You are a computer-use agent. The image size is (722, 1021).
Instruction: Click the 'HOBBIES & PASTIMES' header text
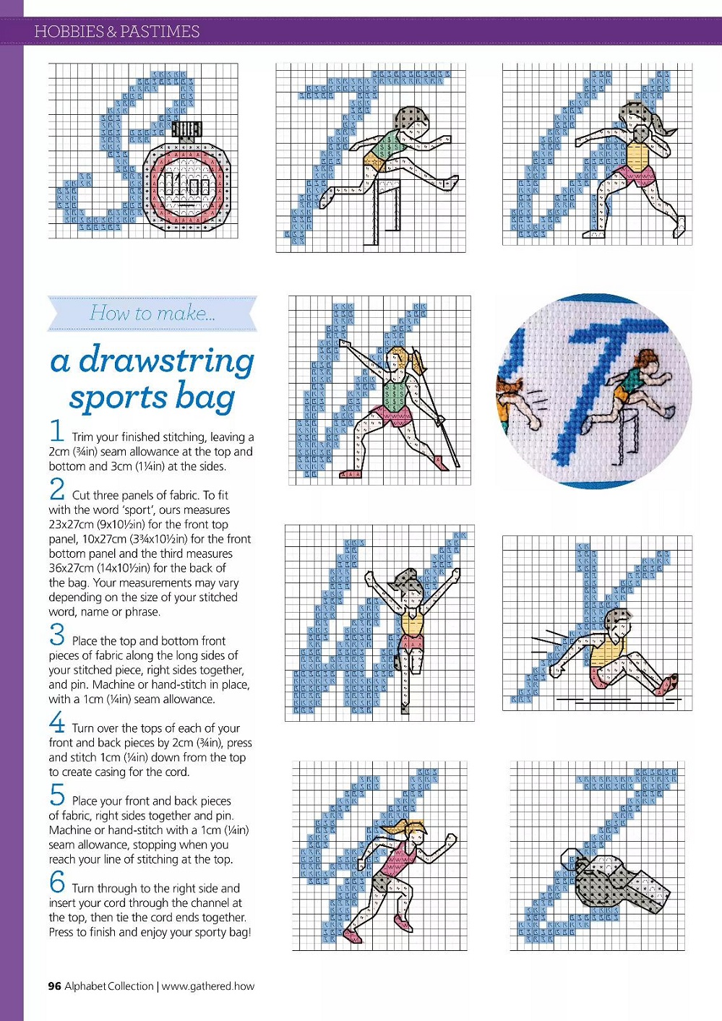[116, 32]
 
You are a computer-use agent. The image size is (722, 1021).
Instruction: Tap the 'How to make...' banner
[152, 313]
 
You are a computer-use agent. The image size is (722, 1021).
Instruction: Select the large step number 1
[57, 431]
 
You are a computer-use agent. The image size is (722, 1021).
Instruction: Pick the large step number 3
[57, 634]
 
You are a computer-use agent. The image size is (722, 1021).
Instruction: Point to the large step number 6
[57, 882]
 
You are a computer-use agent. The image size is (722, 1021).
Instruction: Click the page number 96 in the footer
[54, 986]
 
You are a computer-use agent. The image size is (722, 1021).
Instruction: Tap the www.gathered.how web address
[208, 986]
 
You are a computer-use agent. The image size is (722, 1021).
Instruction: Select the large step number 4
[57, 722]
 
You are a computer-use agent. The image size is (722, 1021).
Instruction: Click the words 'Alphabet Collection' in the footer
[109, 986]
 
